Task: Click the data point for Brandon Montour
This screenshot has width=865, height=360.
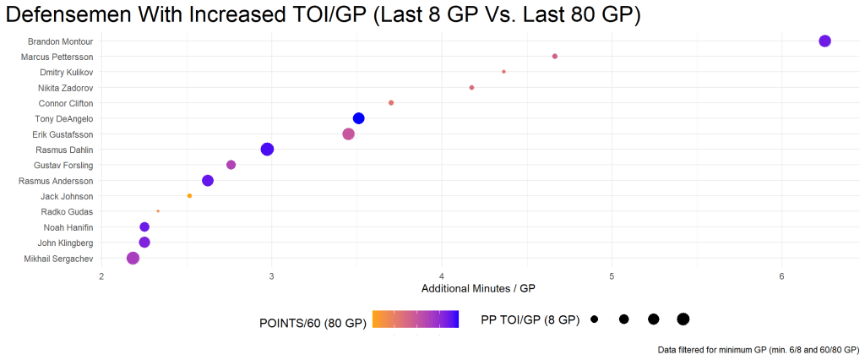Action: click(825, 41)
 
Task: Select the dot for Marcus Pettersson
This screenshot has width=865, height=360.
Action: click(555, 57)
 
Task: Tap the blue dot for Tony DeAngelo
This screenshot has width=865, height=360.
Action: click(358, 118)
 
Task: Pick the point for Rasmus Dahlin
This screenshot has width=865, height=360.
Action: click(267, 150)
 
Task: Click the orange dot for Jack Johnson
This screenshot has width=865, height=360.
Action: click(189, 196)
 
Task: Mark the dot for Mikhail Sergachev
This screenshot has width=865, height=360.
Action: click(133, 259)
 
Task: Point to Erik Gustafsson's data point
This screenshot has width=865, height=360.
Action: click(348, 134)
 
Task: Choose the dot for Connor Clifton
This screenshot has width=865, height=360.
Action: click(391, 103)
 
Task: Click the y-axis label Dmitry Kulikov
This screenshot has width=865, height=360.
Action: click(67, 73)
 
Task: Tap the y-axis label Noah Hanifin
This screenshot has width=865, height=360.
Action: click(68, 227)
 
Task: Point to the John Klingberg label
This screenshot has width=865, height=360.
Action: click(66, 243)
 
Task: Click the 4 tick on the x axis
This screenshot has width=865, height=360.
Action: click(442, 275)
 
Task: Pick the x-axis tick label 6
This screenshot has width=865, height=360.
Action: click(781, 275)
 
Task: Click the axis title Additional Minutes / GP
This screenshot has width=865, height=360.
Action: click(478, 289)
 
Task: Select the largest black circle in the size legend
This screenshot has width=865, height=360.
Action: click(683, 319)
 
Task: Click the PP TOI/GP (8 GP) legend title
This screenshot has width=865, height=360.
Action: click(530, 320)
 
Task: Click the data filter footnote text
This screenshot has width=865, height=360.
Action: click(759, 349)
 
